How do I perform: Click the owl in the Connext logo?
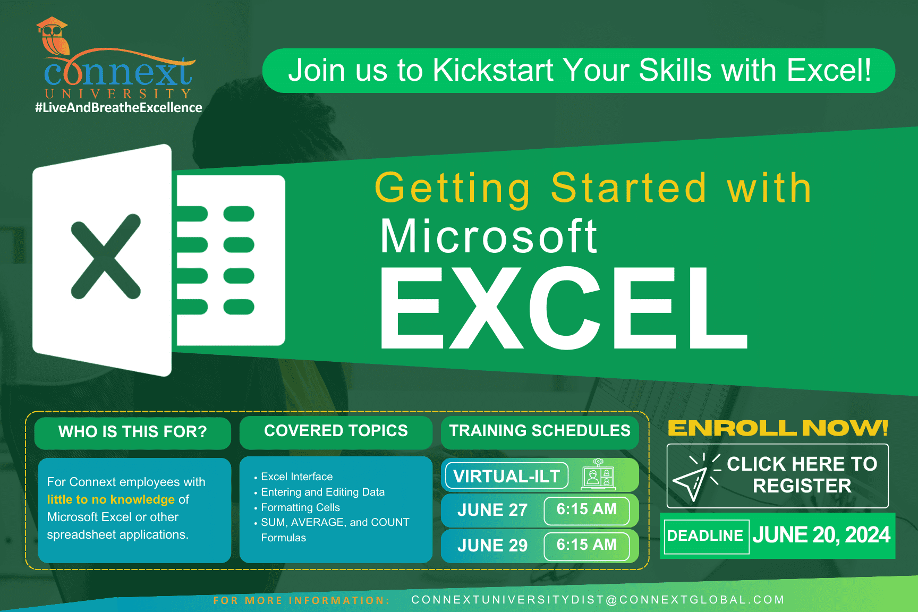pos(53,37)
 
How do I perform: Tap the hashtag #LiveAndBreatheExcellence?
pos(118,108)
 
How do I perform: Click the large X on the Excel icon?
pos(106,257)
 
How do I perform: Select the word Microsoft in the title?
pos(489,237)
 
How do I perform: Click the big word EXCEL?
pos(563,308)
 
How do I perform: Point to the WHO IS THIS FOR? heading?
pos(132,432)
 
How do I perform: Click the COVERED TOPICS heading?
pos(336,431)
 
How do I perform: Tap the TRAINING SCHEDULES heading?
pos(540,431)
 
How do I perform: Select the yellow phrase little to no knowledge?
pos(110,499)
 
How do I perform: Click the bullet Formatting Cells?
pos(300,507)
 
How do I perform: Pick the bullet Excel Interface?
pos(296,477)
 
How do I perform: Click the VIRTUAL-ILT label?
pos(506,476)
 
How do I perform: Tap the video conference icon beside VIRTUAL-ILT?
pos(599,474)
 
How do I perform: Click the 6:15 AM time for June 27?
pos(586,509)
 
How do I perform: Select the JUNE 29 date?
pos(492,546)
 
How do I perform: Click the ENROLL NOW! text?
pos(778,428)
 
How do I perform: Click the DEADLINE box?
pos(705,536)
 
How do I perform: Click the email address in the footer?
pos(598,600)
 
